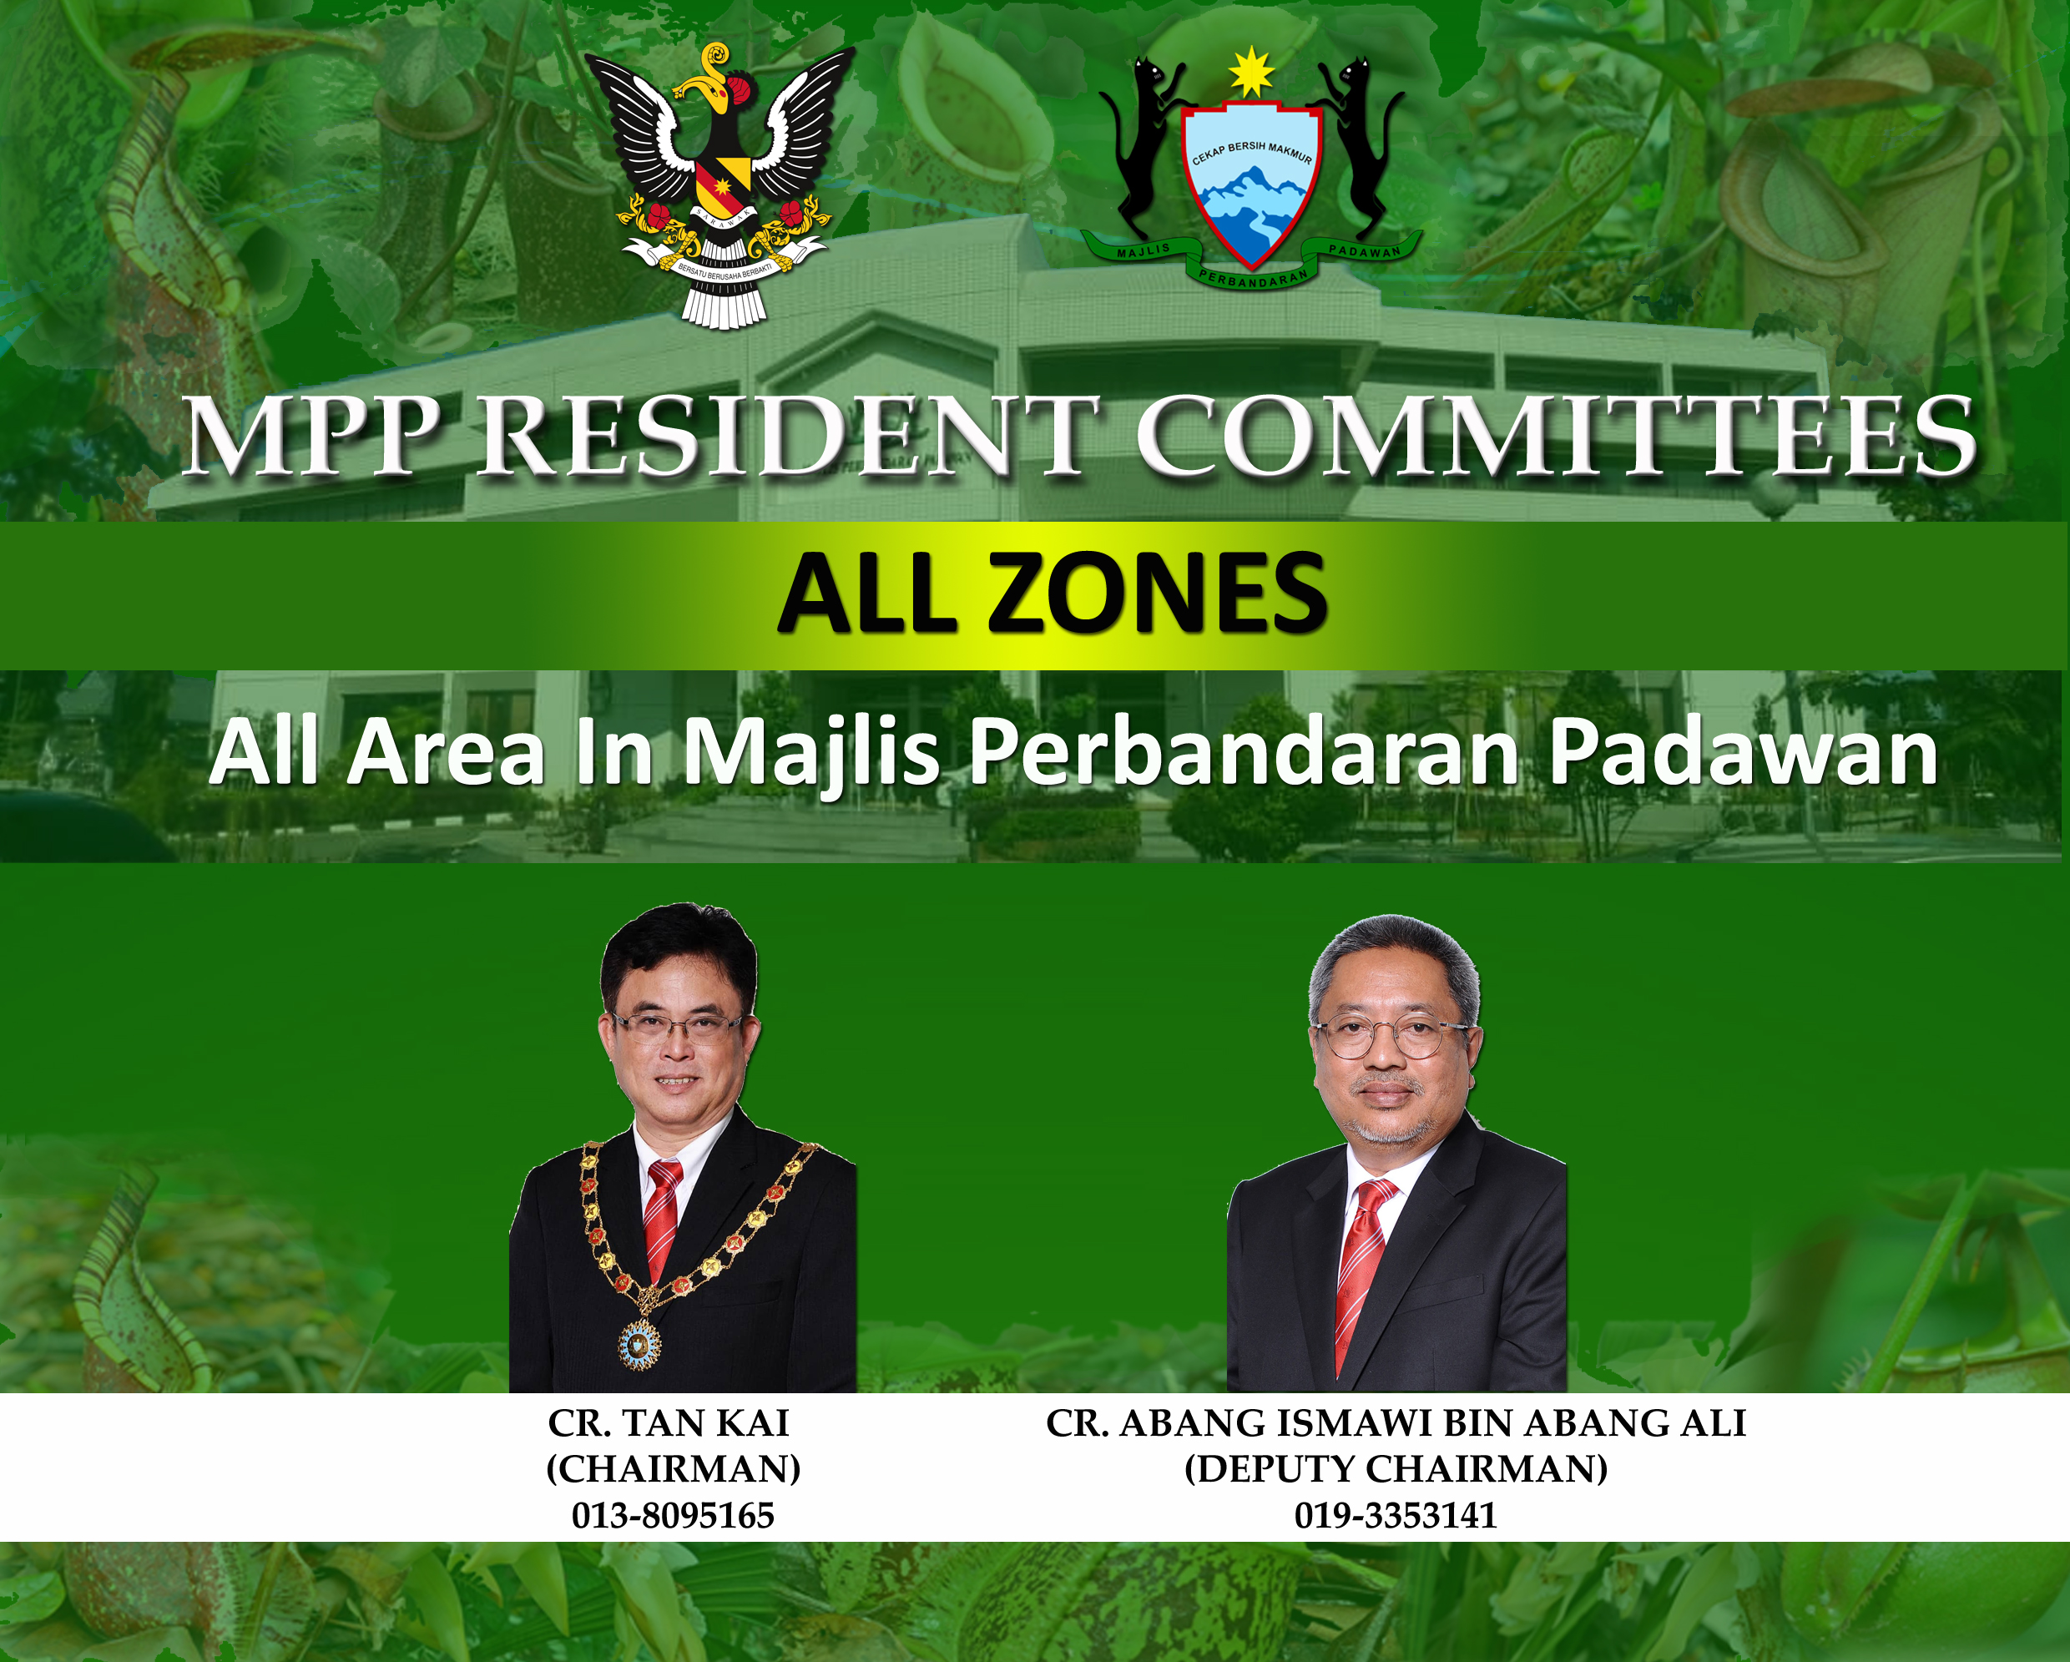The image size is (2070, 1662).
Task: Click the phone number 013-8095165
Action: (x=672, y=1516)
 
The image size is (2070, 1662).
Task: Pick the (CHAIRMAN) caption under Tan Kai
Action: (x=672, y=1469)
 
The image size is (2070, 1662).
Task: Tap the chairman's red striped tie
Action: (x=663, y=1220)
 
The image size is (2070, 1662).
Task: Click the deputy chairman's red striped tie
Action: (x=1359, y=1267)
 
